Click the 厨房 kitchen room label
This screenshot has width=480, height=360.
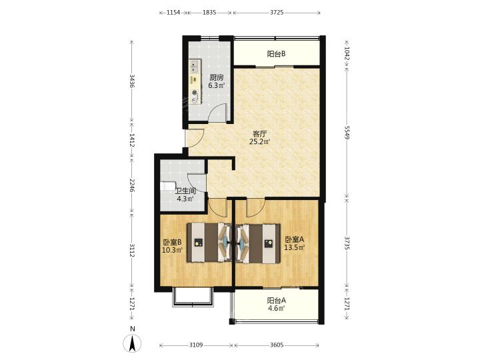[x=217, y=77]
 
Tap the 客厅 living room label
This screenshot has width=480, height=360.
[x=260, y=134]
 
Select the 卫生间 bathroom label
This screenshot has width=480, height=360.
[x=185, y=191]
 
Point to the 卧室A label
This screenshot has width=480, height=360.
[x=294, y=239]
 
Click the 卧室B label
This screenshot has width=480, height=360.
[x=172, y=242]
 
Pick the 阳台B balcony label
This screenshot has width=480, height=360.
[x=277, y=54]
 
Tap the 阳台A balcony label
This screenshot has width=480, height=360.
[x=277, y=301]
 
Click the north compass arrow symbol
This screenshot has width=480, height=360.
[x=132, y=343]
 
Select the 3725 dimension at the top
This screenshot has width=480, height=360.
[x=277, y=13]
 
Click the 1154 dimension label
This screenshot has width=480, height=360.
[x=173, y=13]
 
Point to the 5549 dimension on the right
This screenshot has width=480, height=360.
[x=347, y=132]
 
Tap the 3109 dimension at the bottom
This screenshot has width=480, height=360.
[x=196, y=345]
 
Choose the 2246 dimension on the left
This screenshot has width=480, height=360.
[x=132, y=185]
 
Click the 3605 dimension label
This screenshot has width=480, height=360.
[x=277, y=345]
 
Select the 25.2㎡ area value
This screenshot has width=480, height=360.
[x=260, y=141]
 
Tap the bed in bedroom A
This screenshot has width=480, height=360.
[x=258, y=243]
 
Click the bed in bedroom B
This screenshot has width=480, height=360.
[x=209, y=243]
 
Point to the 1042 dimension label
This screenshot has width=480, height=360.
[x=347, y=54]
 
